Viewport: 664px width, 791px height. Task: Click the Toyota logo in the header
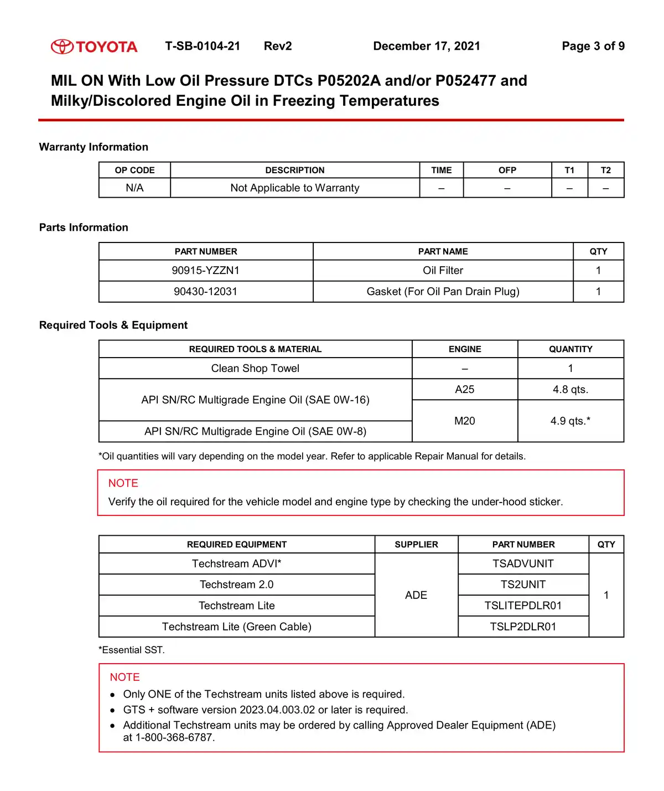94,46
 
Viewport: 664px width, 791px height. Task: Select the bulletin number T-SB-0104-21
203,46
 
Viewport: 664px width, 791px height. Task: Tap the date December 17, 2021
427,46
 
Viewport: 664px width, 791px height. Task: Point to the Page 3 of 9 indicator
593,46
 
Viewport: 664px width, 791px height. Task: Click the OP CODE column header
134,170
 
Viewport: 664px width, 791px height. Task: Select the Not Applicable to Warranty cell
295,188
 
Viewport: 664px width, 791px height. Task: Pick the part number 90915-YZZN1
206,270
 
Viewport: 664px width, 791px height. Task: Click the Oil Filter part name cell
443,270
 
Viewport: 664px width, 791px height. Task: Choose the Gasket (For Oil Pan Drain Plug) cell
443,291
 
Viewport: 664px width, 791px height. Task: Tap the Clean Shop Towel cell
255,368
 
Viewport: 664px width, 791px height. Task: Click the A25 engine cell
465,389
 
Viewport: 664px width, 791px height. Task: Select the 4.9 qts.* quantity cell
570,421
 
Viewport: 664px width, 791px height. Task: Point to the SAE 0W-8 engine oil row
255,431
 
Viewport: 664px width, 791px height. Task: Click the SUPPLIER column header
416,544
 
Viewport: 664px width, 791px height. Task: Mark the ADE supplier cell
416,595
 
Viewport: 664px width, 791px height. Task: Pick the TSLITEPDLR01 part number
523,606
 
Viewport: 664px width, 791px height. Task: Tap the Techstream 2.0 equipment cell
237,585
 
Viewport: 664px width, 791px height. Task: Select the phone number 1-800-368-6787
174,737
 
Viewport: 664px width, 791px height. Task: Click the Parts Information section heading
84,228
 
